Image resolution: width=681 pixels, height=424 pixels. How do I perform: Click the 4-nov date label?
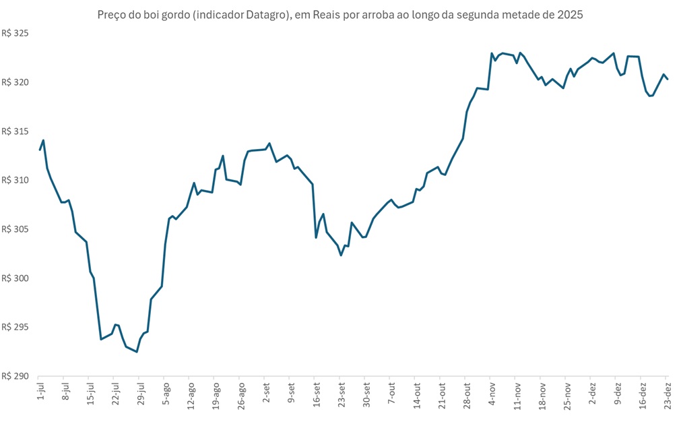(x=492, y=393)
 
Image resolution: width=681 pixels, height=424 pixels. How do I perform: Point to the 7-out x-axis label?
(x=391, y=393)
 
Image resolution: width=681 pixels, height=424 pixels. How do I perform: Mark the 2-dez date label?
(x=592, y=393)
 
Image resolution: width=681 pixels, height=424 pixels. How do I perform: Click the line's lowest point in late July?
(x=137, y=352)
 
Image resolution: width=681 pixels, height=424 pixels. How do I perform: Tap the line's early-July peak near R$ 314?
(x=43, y=140)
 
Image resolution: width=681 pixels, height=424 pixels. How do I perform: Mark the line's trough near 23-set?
(x=341, y=255)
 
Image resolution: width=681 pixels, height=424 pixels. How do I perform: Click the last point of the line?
(x=667, y=79)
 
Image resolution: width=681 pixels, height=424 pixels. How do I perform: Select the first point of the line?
(x=40, y=150)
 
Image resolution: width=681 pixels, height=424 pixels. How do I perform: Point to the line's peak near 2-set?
(x=269, y=144)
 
